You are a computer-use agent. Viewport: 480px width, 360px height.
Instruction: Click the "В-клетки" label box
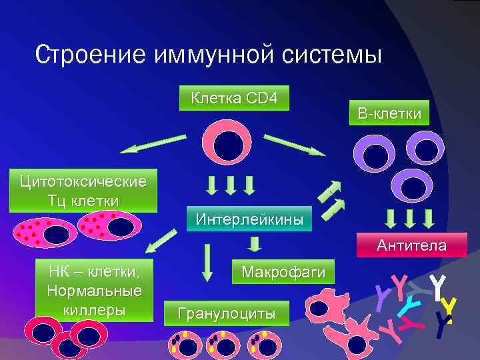point(389,114)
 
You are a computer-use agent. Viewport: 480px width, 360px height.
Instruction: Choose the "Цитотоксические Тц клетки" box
point(83,191)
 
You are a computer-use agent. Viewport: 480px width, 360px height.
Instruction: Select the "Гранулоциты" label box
point(227,312)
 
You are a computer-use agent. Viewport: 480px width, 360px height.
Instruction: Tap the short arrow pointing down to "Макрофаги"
point(253,245)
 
